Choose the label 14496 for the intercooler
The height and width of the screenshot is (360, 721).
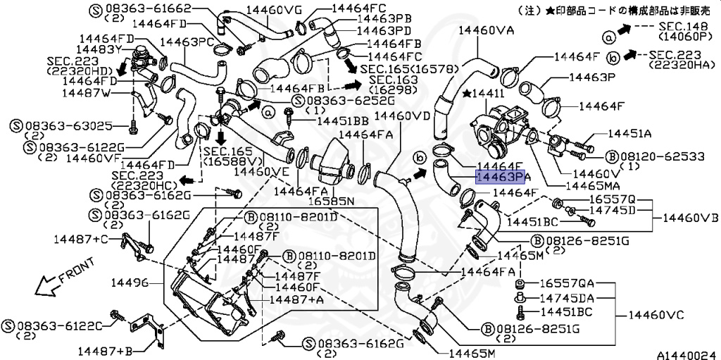[x=130, y=283]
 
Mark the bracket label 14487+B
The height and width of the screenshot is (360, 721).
[x=106, y=350]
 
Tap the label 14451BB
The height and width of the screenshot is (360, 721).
[x=342, y=121]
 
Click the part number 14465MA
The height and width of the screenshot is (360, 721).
[x=591, y=185]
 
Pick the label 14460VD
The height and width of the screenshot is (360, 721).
[x=402, y=115]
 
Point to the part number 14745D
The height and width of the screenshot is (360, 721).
[x=612, y=210]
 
